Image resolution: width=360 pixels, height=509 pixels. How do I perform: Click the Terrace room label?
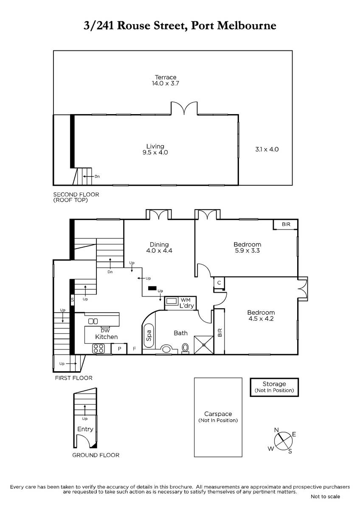(166, 77)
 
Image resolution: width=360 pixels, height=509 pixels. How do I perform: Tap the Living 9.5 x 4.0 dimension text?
(155, 152)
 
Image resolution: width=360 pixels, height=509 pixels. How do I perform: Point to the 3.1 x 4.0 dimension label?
(267, 149)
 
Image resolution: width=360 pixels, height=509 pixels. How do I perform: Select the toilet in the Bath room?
(186, 348)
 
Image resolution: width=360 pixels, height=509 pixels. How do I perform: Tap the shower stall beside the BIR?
(204, 345)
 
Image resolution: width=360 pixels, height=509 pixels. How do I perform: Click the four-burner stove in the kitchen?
(98, 349)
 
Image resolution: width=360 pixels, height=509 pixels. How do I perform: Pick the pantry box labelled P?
(119, 349)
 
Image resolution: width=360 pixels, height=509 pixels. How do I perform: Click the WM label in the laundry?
(186, 300)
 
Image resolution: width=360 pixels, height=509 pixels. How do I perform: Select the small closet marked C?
(219, 283)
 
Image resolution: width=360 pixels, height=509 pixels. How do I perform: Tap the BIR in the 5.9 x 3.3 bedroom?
(286, 224)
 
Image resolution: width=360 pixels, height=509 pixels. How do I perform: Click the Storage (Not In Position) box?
(274, 387)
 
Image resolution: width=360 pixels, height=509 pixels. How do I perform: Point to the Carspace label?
(218, 414)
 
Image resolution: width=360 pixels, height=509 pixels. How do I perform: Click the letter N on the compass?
(276, 429)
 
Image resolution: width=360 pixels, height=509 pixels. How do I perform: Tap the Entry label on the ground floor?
(85, 429)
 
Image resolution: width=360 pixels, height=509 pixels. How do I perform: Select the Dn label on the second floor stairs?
(97, 176)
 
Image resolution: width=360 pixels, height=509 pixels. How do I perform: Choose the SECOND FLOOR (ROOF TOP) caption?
(76, 197)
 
